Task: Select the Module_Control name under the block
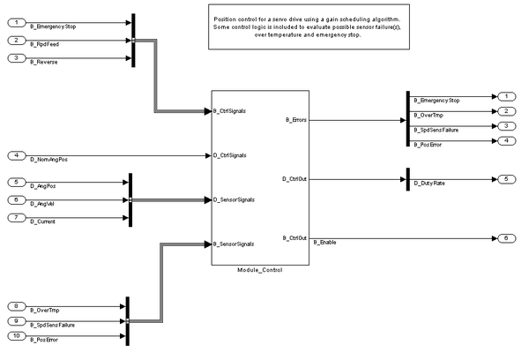[259, 269]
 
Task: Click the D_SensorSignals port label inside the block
[234, 199]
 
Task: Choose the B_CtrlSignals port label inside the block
[230, 112]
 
